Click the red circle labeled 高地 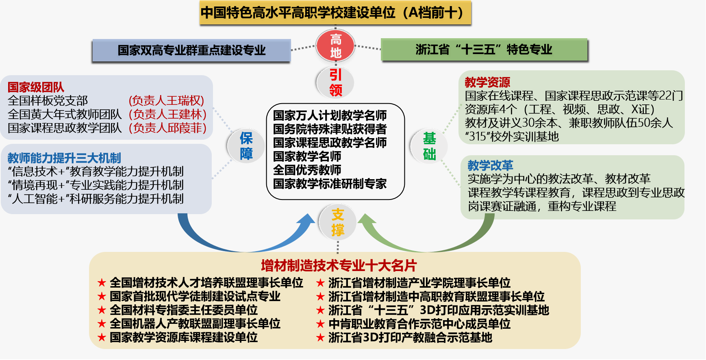[x=335, y=46]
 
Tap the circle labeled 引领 [x=335, y=82]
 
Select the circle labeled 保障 [x=246, y=146]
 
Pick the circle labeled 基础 [x=429, y=146]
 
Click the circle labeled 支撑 [x=337, y=222]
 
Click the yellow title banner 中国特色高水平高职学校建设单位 [x=335, y=13]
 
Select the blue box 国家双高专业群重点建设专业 [x=191, y=50]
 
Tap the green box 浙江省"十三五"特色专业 [x=484, y=50]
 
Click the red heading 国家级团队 [x=36, y=87]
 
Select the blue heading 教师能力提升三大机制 [x=64, y=158]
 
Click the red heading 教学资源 [x=487, y=82]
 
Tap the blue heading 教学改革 [x=490, y=165]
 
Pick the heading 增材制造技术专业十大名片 [x=339, y=266]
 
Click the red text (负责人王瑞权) [x=166, y=100]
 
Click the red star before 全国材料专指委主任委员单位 [x=102, y=310]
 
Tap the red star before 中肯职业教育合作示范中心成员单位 [x=320, y=324]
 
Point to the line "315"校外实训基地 [x=512, y=137]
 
